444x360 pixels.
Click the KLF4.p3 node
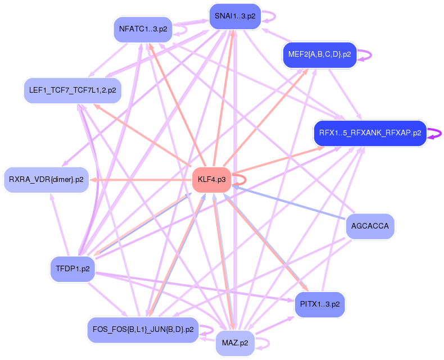click(x=212, y=180)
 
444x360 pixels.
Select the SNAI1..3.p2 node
click(x=234, y=16)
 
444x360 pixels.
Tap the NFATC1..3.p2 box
click(x=142, y=29)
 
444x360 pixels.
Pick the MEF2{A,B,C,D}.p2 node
click(x=319, y=54)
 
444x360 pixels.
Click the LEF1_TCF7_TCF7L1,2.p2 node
click(x=73, y=90)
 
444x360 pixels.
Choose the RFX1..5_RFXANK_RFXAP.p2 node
click(x=370, y=133)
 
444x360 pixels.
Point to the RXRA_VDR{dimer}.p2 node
click(x=46, y=180)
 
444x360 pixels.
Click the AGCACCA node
click(x=370, y=226)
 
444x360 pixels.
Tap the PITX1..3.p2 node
click(x=320, y=304)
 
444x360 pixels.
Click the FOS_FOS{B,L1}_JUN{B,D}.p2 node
click(x=142, y=330)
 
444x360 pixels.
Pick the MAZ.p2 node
click(x=235, y=343)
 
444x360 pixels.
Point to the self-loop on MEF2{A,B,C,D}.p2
click(x=366, y=54)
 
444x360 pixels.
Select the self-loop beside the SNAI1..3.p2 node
click(x=271, y=16)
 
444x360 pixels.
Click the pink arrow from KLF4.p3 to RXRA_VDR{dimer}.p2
click(x=141, y=180)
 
